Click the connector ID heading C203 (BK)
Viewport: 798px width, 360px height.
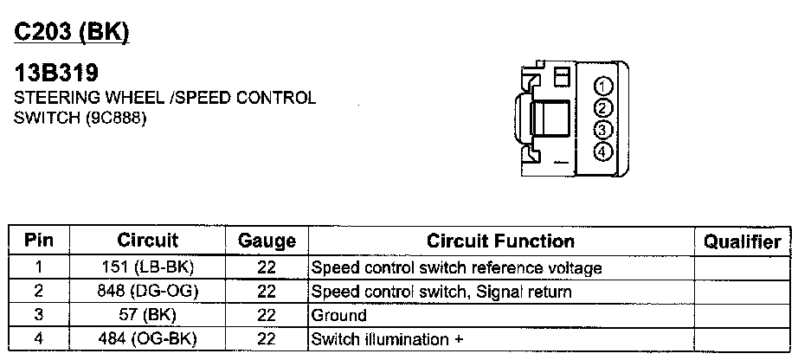coord(71,32)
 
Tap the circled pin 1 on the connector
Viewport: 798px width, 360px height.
coord(604,87)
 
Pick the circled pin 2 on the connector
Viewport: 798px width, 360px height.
coord(604,108)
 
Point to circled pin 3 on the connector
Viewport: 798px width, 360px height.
coord(604,130)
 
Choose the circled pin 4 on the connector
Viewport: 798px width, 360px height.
coord(604,151)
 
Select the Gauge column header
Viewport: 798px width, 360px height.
coord(267,241)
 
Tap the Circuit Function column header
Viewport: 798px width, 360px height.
coord(500,241)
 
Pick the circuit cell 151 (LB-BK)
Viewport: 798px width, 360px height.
coord(147,268)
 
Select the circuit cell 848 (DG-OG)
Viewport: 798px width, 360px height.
coord(147,292)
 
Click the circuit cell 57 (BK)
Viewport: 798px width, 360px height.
coord(147,315)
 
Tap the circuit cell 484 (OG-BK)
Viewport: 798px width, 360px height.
coord(147,338)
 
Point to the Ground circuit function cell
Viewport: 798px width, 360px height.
coord(338,315)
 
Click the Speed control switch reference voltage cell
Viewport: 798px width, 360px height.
coord(455,268)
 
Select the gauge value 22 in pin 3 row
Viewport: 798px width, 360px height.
coord(267,315)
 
